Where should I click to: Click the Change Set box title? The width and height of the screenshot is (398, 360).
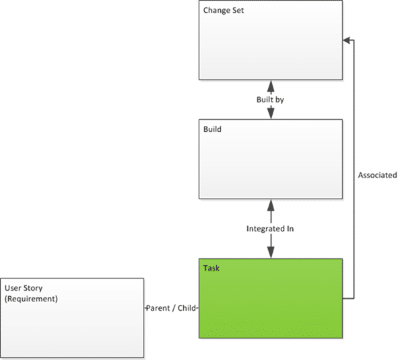click(x=224, y=10)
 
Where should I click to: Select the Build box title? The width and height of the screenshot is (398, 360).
click(x=212, y=129)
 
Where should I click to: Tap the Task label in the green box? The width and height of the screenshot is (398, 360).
click(x=211, y=268)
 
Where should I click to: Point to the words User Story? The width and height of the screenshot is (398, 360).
click(x=24, y=288)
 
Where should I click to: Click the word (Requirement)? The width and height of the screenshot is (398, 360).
click(x=31, y=299)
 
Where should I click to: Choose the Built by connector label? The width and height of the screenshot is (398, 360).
click(x=270, y=100)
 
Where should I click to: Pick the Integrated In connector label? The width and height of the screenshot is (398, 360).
click(x=270, y=229)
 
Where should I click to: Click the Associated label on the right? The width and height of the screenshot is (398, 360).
click(x=377, y=175)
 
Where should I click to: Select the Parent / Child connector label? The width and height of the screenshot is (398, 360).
click(x=171, y=308)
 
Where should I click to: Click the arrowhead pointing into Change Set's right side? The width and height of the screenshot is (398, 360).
click(x=346, y=40)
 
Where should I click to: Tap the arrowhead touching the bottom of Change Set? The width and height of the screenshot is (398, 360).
click(x=271, y=86)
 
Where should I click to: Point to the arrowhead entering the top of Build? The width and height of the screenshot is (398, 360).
click(x=271, y=113)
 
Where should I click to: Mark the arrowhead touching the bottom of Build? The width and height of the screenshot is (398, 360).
click(x=271, y=205)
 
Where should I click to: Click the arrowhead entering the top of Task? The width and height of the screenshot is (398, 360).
click(x=271, y=252)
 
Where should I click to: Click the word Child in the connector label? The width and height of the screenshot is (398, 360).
click(x=187, y=308)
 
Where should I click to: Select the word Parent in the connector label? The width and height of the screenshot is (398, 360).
click(x=158, y=308)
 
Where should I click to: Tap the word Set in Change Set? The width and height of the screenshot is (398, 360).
click(x=238, y=10)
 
